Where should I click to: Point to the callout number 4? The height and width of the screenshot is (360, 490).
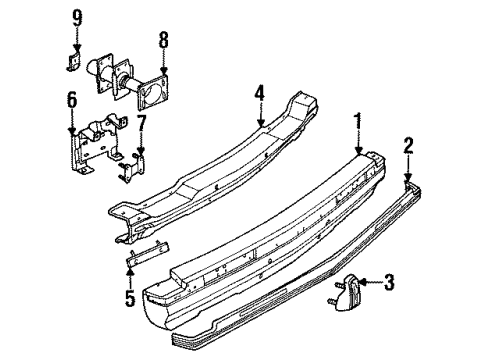tap(259, 96)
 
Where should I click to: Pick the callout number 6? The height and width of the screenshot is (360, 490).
tap(71, 100)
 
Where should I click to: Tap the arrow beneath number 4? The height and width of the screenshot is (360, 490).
tap(259, 117)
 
